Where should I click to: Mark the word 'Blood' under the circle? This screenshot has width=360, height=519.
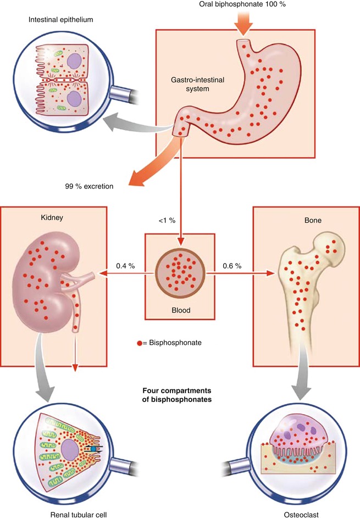coord(180,310)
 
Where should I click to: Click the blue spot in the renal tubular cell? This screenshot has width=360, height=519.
coord(93,449)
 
